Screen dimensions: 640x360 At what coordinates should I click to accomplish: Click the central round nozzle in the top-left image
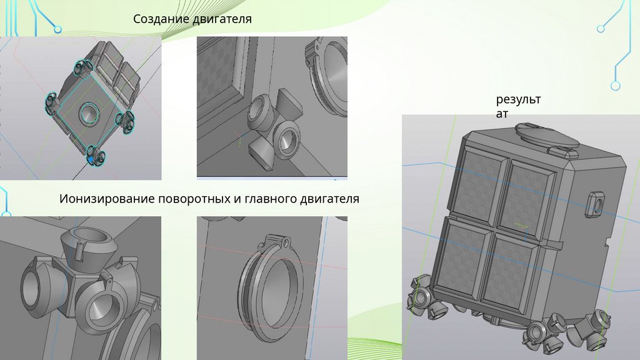(89, 112)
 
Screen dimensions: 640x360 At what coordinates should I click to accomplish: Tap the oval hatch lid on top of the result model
(547, 134)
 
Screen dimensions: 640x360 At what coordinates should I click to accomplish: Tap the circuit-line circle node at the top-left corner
(58, 29)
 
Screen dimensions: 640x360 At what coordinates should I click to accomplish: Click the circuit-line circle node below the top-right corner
(616, 86)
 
